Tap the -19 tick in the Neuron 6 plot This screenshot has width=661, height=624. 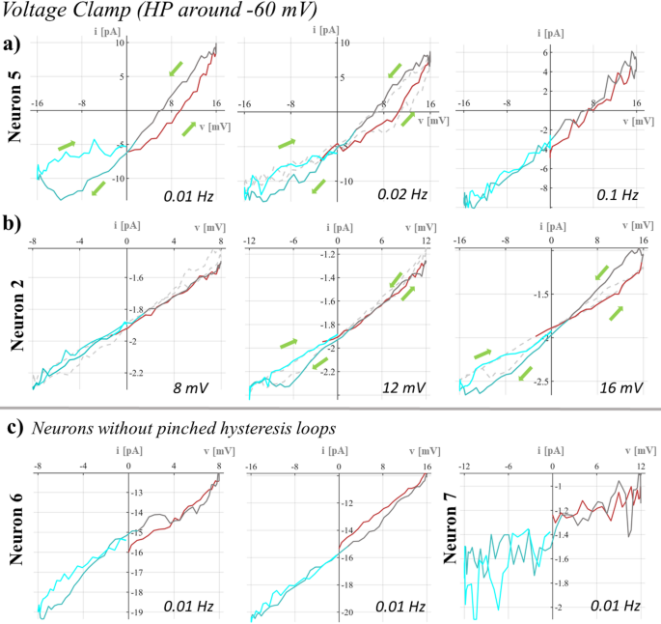139,612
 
